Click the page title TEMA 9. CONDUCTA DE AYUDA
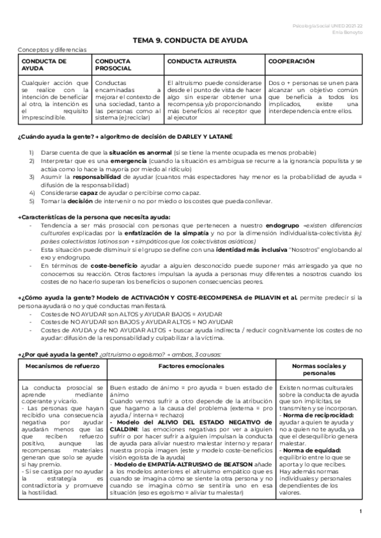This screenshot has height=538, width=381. click(190, 40)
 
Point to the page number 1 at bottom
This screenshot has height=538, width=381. click(360, 530)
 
